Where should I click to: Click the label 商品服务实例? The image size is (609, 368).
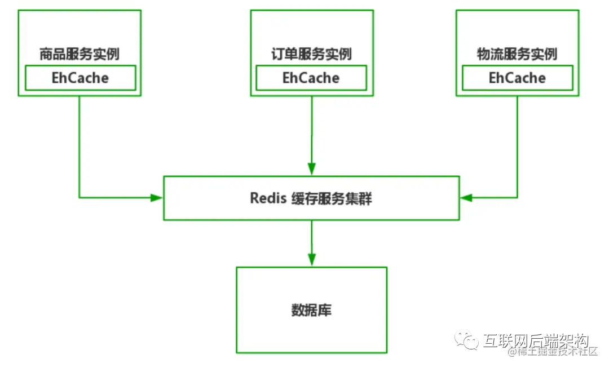coord(79,54)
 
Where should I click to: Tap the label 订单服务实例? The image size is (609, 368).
coord(311,54)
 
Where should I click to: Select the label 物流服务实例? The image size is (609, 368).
coord(517,54)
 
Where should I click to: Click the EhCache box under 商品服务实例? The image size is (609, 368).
coord(80,78)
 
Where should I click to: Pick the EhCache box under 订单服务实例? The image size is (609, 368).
coord(311,78)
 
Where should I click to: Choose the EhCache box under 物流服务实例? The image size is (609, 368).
coord(517,78)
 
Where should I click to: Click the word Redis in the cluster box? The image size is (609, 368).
coord(268,198)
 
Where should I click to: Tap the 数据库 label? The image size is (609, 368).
coord(311,309)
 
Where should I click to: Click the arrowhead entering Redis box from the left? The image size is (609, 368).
coord(157,198)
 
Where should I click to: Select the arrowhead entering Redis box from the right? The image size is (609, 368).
coord(466,198)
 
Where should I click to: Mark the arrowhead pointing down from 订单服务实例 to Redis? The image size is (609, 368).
coord(311,169)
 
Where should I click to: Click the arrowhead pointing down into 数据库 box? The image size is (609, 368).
coord(311,260)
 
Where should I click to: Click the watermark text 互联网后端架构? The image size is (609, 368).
coord(536,340)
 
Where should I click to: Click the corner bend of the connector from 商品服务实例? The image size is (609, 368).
coord(80,198)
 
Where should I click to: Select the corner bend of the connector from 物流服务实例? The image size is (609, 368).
coord(517,198)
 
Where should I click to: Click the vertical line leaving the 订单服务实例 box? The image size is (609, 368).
coord(311,130)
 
